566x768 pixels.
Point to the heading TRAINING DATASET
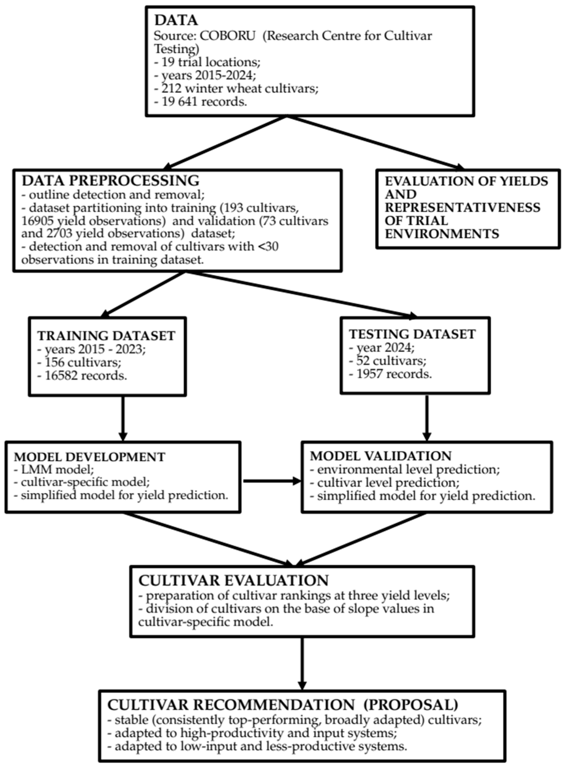pos(106,336)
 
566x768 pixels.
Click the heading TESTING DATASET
pos(412,334)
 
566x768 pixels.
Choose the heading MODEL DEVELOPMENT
pos(90,457)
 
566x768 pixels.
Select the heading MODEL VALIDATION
pos(381,456)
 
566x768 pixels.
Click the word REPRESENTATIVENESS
pos(462,208)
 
